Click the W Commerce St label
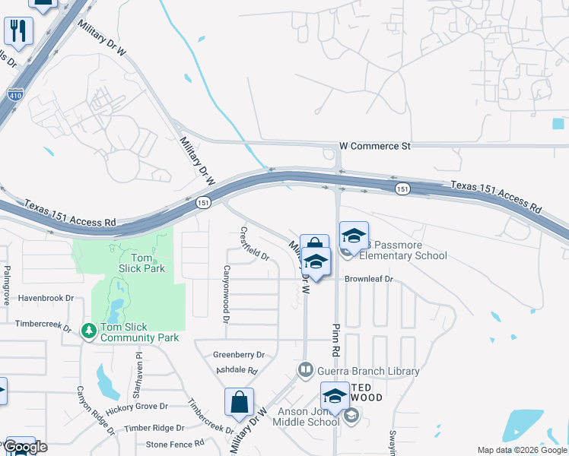(x=374, y=145)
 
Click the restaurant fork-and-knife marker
(x=17, y=31)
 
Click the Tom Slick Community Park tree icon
(x=89, y=331)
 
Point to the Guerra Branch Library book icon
(x=304, y=370)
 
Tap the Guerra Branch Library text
(x=367, y=371)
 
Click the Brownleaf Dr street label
(x=367, y=279)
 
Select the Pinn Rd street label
(x=335, y=339)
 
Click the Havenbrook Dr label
(x=46, y=298)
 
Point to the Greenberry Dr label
(x=238, y=354)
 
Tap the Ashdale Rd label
(x=237, y=370)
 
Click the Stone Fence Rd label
(x=175, y=443)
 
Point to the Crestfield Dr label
(x=254, y=243)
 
